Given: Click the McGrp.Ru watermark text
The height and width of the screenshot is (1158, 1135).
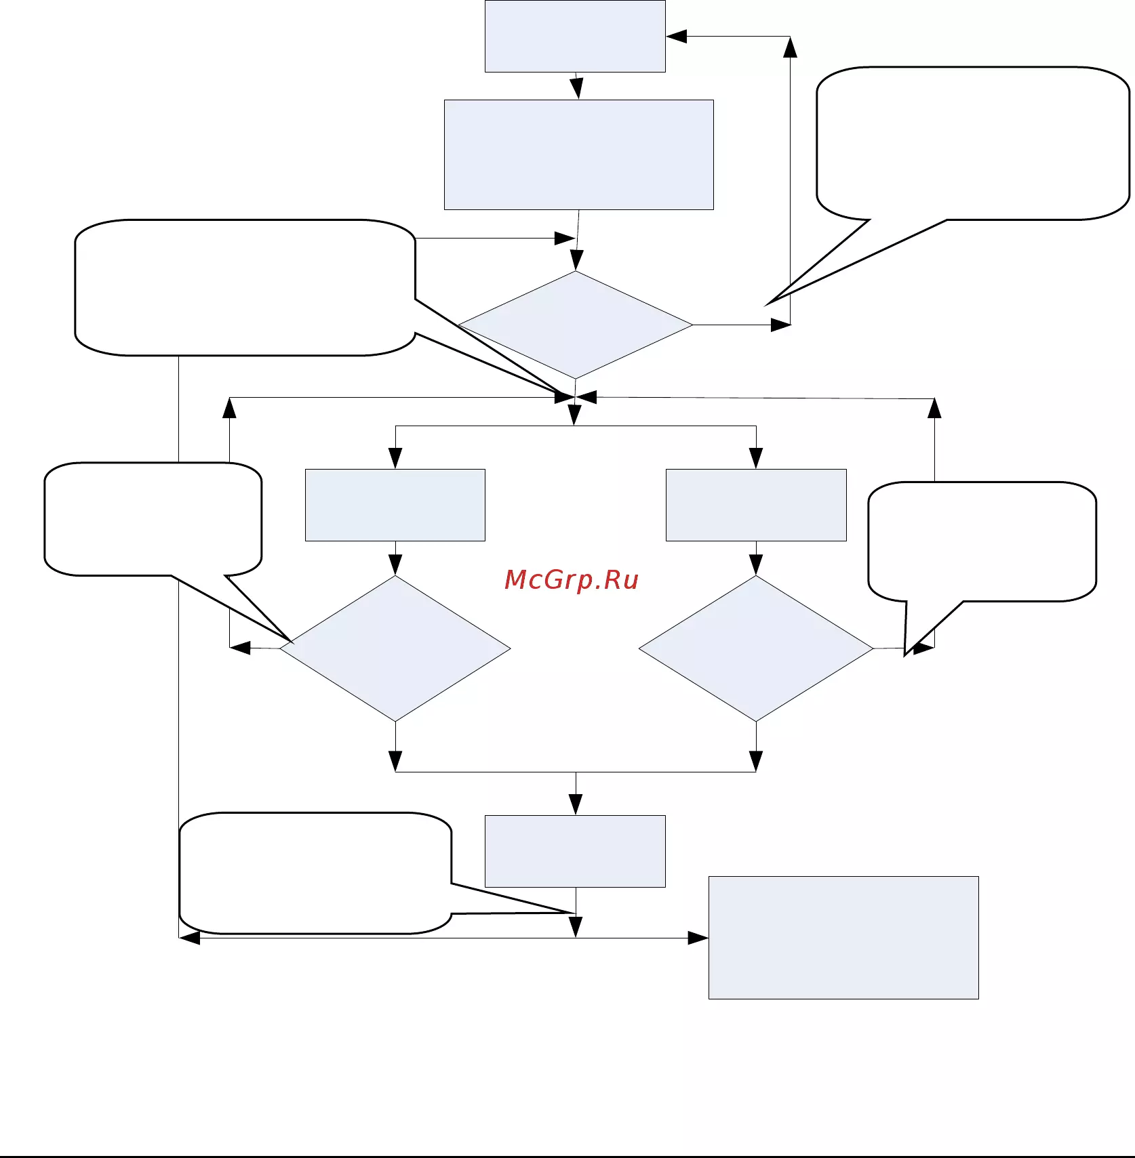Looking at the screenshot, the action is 572,580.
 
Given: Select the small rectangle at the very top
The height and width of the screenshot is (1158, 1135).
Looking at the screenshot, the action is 575,36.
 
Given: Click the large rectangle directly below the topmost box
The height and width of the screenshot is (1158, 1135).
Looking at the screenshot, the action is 579,155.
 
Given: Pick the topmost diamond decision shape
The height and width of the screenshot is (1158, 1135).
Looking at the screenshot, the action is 576,325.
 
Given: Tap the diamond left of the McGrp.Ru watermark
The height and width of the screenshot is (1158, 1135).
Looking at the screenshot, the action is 395,648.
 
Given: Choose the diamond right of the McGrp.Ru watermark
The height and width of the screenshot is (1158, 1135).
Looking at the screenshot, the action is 756,648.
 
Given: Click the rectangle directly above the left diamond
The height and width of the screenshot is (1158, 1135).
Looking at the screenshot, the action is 395,505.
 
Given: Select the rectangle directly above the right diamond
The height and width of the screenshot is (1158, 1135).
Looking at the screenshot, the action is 756,505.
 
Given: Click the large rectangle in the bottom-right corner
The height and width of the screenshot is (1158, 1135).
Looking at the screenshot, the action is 843,938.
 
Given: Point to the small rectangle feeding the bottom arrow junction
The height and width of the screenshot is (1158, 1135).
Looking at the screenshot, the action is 575,851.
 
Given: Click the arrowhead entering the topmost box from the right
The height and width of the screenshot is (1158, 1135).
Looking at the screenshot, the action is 677,37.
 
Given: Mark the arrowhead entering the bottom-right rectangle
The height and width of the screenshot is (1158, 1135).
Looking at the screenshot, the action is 698,938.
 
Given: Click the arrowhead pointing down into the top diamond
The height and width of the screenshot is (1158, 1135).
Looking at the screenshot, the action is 576,260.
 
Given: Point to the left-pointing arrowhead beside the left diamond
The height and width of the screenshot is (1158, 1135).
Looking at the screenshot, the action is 240,648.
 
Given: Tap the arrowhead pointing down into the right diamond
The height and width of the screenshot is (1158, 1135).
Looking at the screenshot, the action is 756,564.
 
